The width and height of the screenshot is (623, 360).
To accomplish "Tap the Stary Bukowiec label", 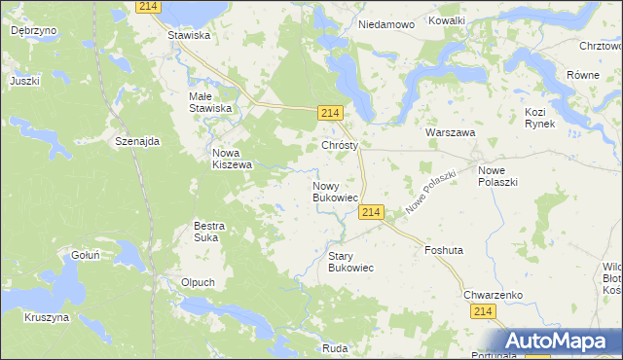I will [x=350, y=261].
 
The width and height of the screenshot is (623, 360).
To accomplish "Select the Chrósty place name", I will [x=341, y=145].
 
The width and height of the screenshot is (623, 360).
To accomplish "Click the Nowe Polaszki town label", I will [x=497, y=176].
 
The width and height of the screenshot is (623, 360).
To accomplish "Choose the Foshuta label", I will [x=444, y=250].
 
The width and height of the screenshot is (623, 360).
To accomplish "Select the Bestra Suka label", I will [x=209, y=232].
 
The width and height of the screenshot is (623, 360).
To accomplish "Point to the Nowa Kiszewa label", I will [x=233, y=159].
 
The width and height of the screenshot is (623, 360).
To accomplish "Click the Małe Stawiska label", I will [x=210, y=102].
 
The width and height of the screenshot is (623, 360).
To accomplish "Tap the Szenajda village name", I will [x=137, y=141].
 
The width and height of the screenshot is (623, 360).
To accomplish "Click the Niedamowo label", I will [x=386, y=23].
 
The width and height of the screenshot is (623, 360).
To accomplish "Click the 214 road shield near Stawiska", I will [x=148, y=7].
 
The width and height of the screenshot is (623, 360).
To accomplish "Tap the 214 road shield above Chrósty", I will [x=329, y=115].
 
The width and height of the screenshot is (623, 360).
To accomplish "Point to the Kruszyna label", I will [x=47, y=317].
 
